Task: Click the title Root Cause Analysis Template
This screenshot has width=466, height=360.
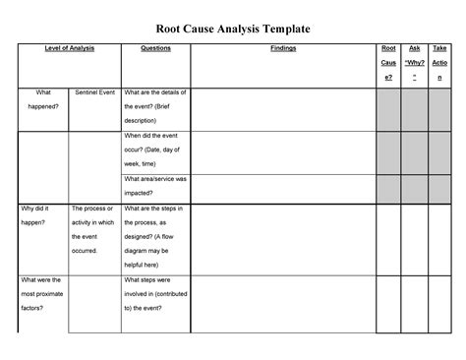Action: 233,30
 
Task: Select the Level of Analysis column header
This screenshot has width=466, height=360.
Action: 69,48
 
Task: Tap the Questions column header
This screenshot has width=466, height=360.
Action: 155,48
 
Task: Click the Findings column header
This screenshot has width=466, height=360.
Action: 282,48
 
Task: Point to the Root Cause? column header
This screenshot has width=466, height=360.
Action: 388,62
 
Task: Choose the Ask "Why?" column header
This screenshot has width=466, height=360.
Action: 415,62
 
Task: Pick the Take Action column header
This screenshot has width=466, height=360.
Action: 440,62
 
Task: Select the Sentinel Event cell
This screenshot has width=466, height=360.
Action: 93,92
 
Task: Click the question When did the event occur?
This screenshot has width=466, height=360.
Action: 155,150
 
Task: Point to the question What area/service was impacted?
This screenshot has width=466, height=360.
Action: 155,186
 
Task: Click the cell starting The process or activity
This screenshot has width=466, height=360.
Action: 93,230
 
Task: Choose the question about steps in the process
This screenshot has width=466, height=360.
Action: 155,237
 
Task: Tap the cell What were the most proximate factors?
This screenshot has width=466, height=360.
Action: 43,293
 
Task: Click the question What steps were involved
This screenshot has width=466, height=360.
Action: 155,293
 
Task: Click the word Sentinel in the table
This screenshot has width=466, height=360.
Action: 84,92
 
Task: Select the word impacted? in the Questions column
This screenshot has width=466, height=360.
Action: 143,194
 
